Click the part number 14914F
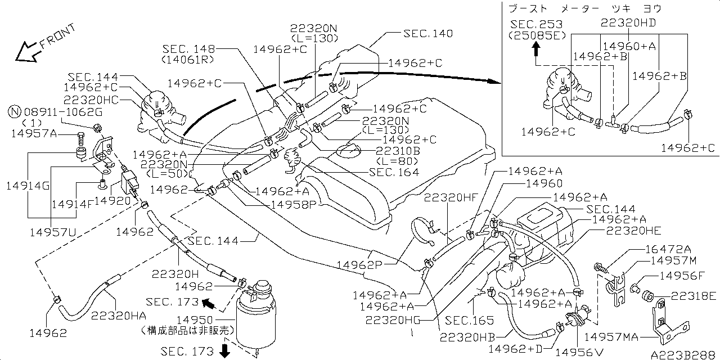pos(71,203)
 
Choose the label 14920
pos(112,200)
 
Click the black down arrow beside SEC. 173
pos(224,352)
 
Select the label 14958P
pos(294,204)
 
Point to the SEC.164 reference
pos(394,172)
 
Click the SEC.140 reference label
pos(427,34)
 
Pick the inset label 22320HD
pos(628,22)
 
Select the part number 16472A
pos(666,248)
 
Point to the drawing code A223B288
pos(683,355)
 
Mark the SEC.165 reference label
pos(469,321)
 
